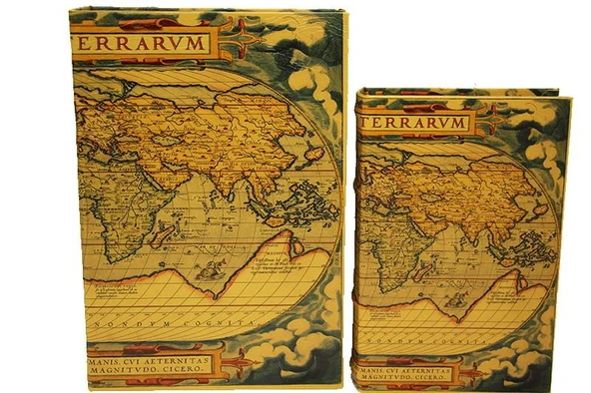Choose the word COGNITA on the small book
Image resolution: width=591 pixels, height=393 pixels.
(449, 344)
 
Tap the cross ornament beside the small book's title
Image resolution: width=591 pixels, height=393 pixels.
(491, 122)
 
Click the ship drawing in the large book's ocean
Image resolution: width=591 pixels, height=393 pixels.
(210, 267)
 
